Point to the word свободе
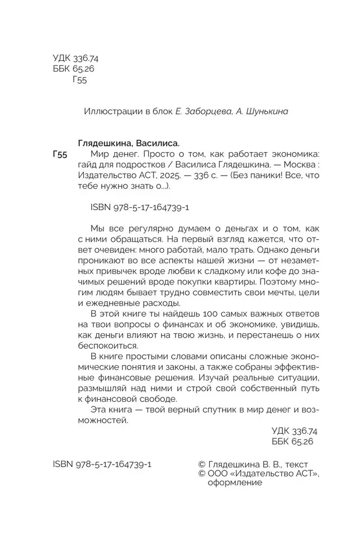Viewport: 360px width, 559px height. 153,399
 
